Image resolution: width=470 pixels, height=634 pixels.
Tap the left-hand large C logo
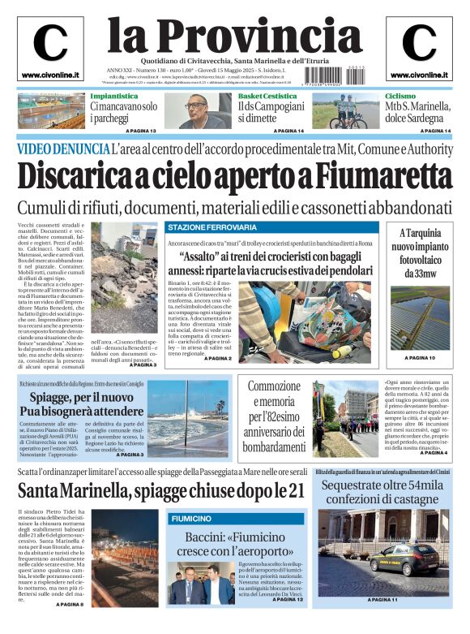[50, 43]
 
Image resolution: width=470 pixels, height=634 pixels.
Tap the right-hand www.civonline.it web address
[418, 75]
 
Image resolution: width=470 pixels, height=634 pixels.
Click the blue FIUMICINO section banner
[191, 518]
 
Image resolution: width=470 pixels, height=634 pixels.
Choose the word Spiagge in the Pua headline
[54, 399]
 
